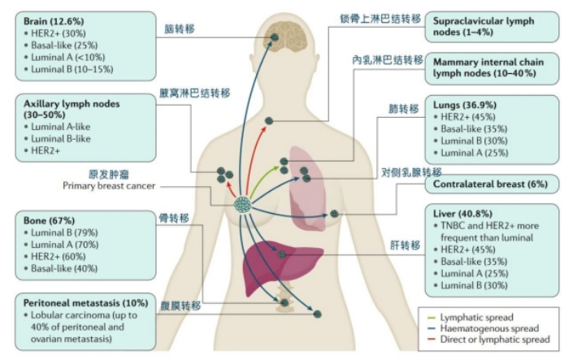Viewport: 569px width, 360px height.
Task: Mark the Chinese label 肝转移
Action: click(x=406, y=245)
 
